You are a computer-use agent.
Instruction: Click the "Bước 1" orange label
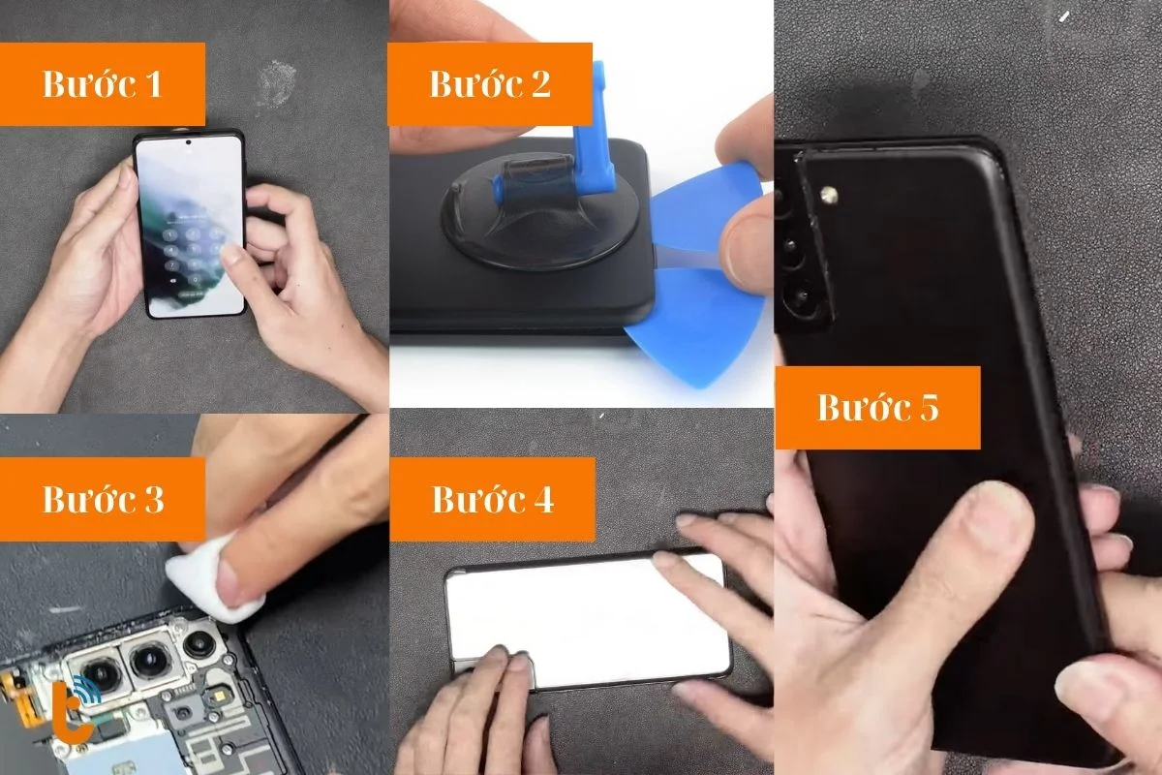(x=103, y=84)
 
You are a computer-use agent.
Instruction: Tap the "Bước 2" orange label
(x=490, y=84)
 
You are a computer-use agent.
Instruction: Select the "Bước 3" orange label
(x=103, y=499)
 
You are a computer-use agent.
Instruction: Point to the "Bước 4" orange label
(x=492, y=499)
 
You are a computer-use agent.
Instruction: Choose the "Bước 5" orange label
(x=877, y=408)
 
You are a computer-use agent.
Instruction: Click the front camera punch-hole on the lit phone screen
(x=188, y=142)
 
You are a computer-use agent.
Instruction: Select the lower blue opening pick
(x=695, y=325)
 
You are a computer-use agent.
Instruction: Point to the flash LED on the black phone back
(x=830, y=196)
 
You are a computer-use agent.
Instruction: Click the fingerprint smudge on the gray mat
(x=277, y=82)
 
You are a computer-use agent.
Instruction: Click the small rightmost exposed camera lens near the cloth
(x=199, y=643)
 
